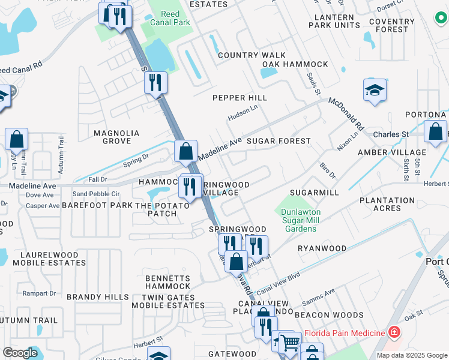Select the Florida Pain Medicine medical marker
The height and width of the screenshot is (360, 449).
click(x=394, y=332)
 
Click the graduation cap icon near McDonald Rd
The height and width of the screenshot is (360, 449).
click(x=374, y=92)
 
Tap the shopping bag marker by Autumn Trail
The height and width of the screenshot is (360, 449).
click(x=17, y=140)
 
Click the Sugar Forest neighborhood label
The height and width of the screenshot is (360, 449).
click(x=279, y=141)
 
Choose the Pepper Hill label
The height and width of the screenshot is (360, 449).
click(x=240, y=98)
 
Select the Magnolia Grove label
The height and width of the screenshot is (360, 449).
click(x=116, y=137)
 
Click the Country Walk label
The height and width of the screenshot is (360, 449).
click(x=252, y=55)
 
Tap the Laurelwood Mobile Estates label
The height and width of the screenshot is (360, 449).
click(x=43, y=259)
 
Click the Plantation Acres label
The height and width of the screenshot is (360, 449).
click(x=387, y=204)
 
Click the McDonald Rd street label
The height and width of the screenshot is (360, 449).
click(x=346, y=114)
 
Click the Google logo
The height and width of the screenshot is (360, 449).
click(x=20, y=353)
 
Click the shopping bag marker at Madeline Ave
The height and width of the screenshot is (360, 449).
click(x=186, y=152)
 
